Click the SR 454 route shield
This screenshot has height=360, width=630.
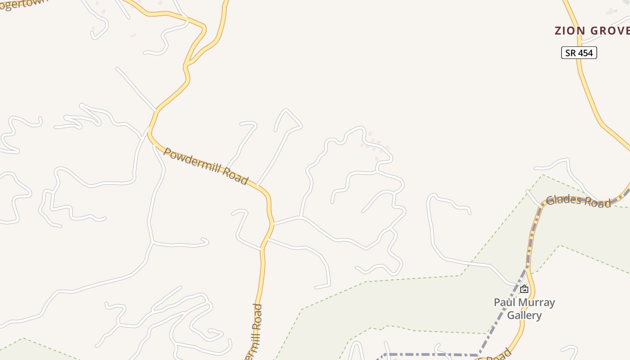[579, 53]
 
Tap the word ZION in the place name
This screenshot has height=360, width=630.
[570, 31]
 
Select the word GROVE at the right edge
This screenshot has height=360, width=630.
[609, 31]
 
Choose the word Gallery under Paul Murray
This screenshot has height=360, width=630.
[524, 315]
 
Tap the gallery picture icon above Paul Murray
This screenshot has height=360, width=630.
[524, 289]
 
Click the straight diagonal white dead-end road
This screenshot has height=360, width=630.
[135, 88]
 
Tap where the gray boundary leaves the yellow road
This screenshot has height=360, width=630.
[527, 266]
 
